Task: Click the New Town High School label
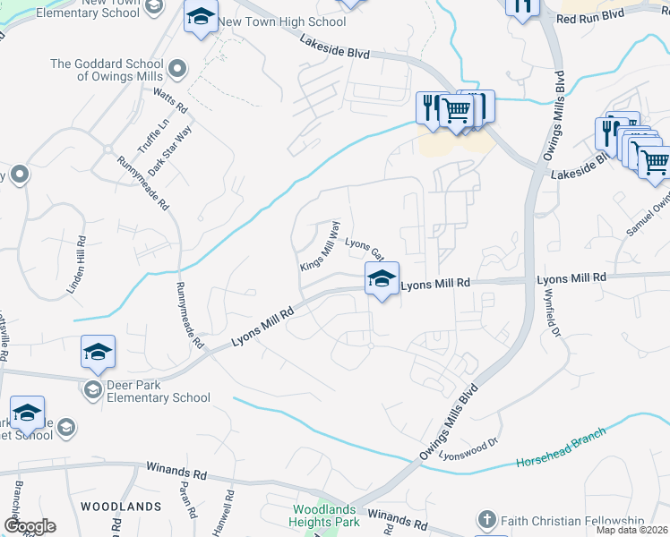[282, 21]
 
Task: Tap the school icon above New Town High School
[202, 17]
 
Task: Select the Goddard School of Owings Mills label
[107, 70]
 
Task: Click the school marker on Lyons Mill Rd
[382, 279]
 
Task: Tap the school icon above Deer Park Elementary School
[99, 353]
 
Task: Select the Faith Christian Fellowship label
[572, 521]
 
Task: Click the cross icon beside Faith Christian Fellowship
[486, 520]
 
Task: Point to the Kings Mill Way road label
[320, 247]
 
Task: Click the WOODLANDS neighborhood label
[120, 507]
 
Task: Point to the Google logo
[30, 525]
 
